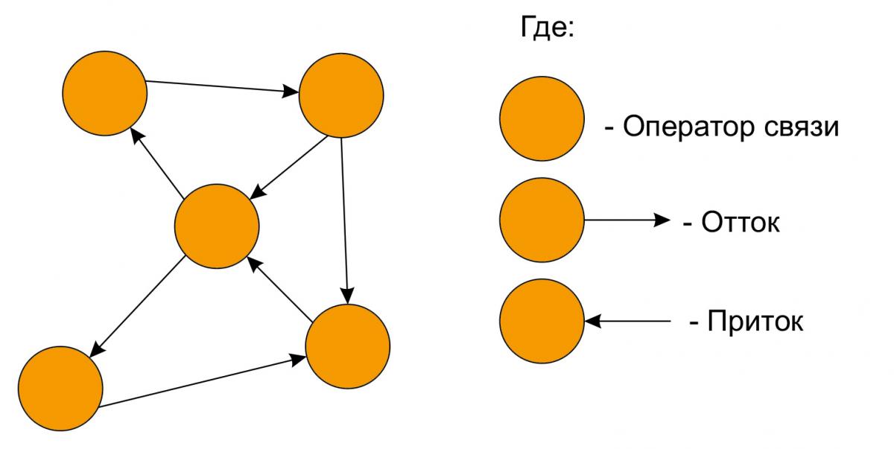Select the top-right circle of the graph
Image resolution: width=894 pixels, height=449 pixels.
(x=341, y=95)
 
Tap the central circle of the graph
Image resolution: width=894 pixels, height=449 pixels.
(x=217, y=226)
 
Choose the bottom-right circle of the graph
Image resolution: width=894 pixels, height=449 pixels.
(x=348, y=347)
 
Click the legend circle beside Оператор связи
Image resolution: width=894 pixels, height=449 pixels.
(x=542, y=119)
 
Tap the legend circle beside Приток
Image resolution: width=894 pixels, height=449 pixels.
(x=542, y=321)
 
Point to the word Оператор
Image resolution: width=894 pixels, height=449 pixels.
(x=682, y=127)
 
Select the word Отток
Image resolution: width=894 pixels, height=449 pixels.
(x=741, y=223)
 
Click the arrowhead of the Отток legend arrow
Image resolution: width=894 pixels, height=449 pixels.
(x=662, y=220)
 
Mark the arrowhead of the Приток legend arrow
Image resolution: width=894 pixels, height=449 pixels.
(x=592, y=321)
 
